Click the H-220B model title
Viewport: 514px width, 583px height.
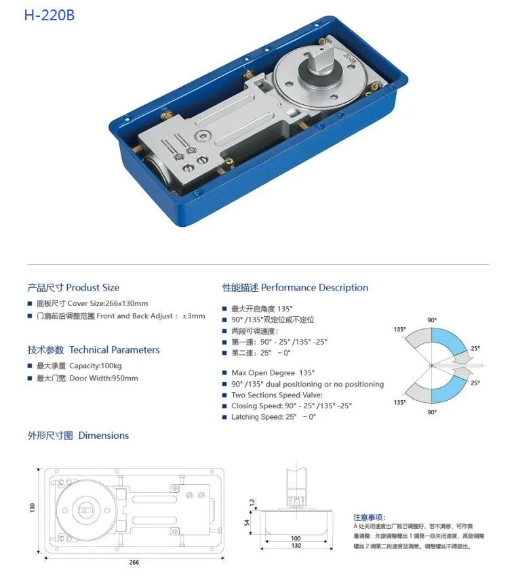(x=49, y=15)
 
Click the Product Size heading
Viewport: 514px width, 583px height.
(x=73, y=287)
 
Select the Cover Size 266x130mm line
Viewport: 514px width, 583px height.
(x=92, y=303)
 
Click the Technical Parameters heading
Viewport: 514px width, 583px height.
(x=94, y=349)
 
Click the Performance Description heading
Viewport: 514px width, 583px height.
(x=295, y=287)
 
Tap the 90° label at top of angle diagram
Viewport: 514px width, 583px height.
(x=432, y=320)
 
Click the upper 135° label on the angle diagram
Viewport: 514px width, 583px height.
(x=399, y=329)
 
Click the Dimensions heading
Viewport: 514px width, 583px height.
(x=78, y=435)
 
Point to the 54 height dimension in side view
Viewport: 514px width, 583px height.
(x=250, y=522)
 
